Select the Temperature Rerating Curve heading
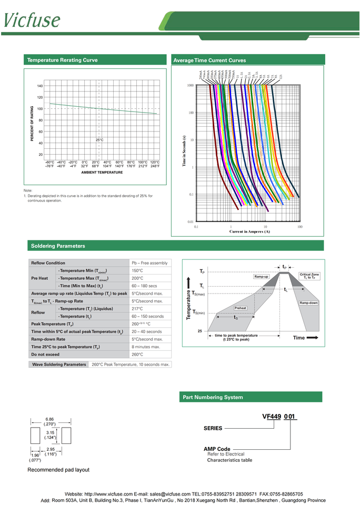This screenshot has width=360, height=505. (62, 60)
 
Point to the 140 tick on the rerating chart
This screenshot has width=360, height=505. (40, 86)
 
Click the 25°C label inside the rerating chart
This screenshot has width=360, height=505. (99, 140)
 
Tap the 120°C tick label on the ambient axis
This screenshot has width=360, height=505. (155, 162)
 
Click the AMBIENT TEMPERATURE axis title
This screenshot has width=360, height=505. (102, 173)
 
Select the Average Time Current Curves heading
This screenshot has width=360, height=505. (209, 60)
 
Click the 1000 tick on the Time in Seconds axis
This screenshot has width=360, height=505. (191, 85)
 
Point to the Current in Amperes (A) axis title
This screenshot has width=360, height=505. (249, 231)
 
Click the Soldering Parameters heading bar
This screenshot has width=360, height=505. (58, 246)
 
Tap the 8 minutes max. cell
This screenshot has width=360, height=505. (146, 347)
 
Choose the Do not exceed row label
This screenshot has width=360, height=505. (45, 355)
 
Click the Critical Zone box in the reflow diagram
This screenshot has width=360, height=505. (309, 276)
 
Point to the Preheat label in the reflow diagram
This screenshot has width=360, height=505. (241, 308)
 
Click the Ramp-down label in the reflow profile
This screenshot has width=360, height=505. (309, 303)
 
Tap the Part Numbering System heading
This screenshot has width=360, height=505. (212, 397)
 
